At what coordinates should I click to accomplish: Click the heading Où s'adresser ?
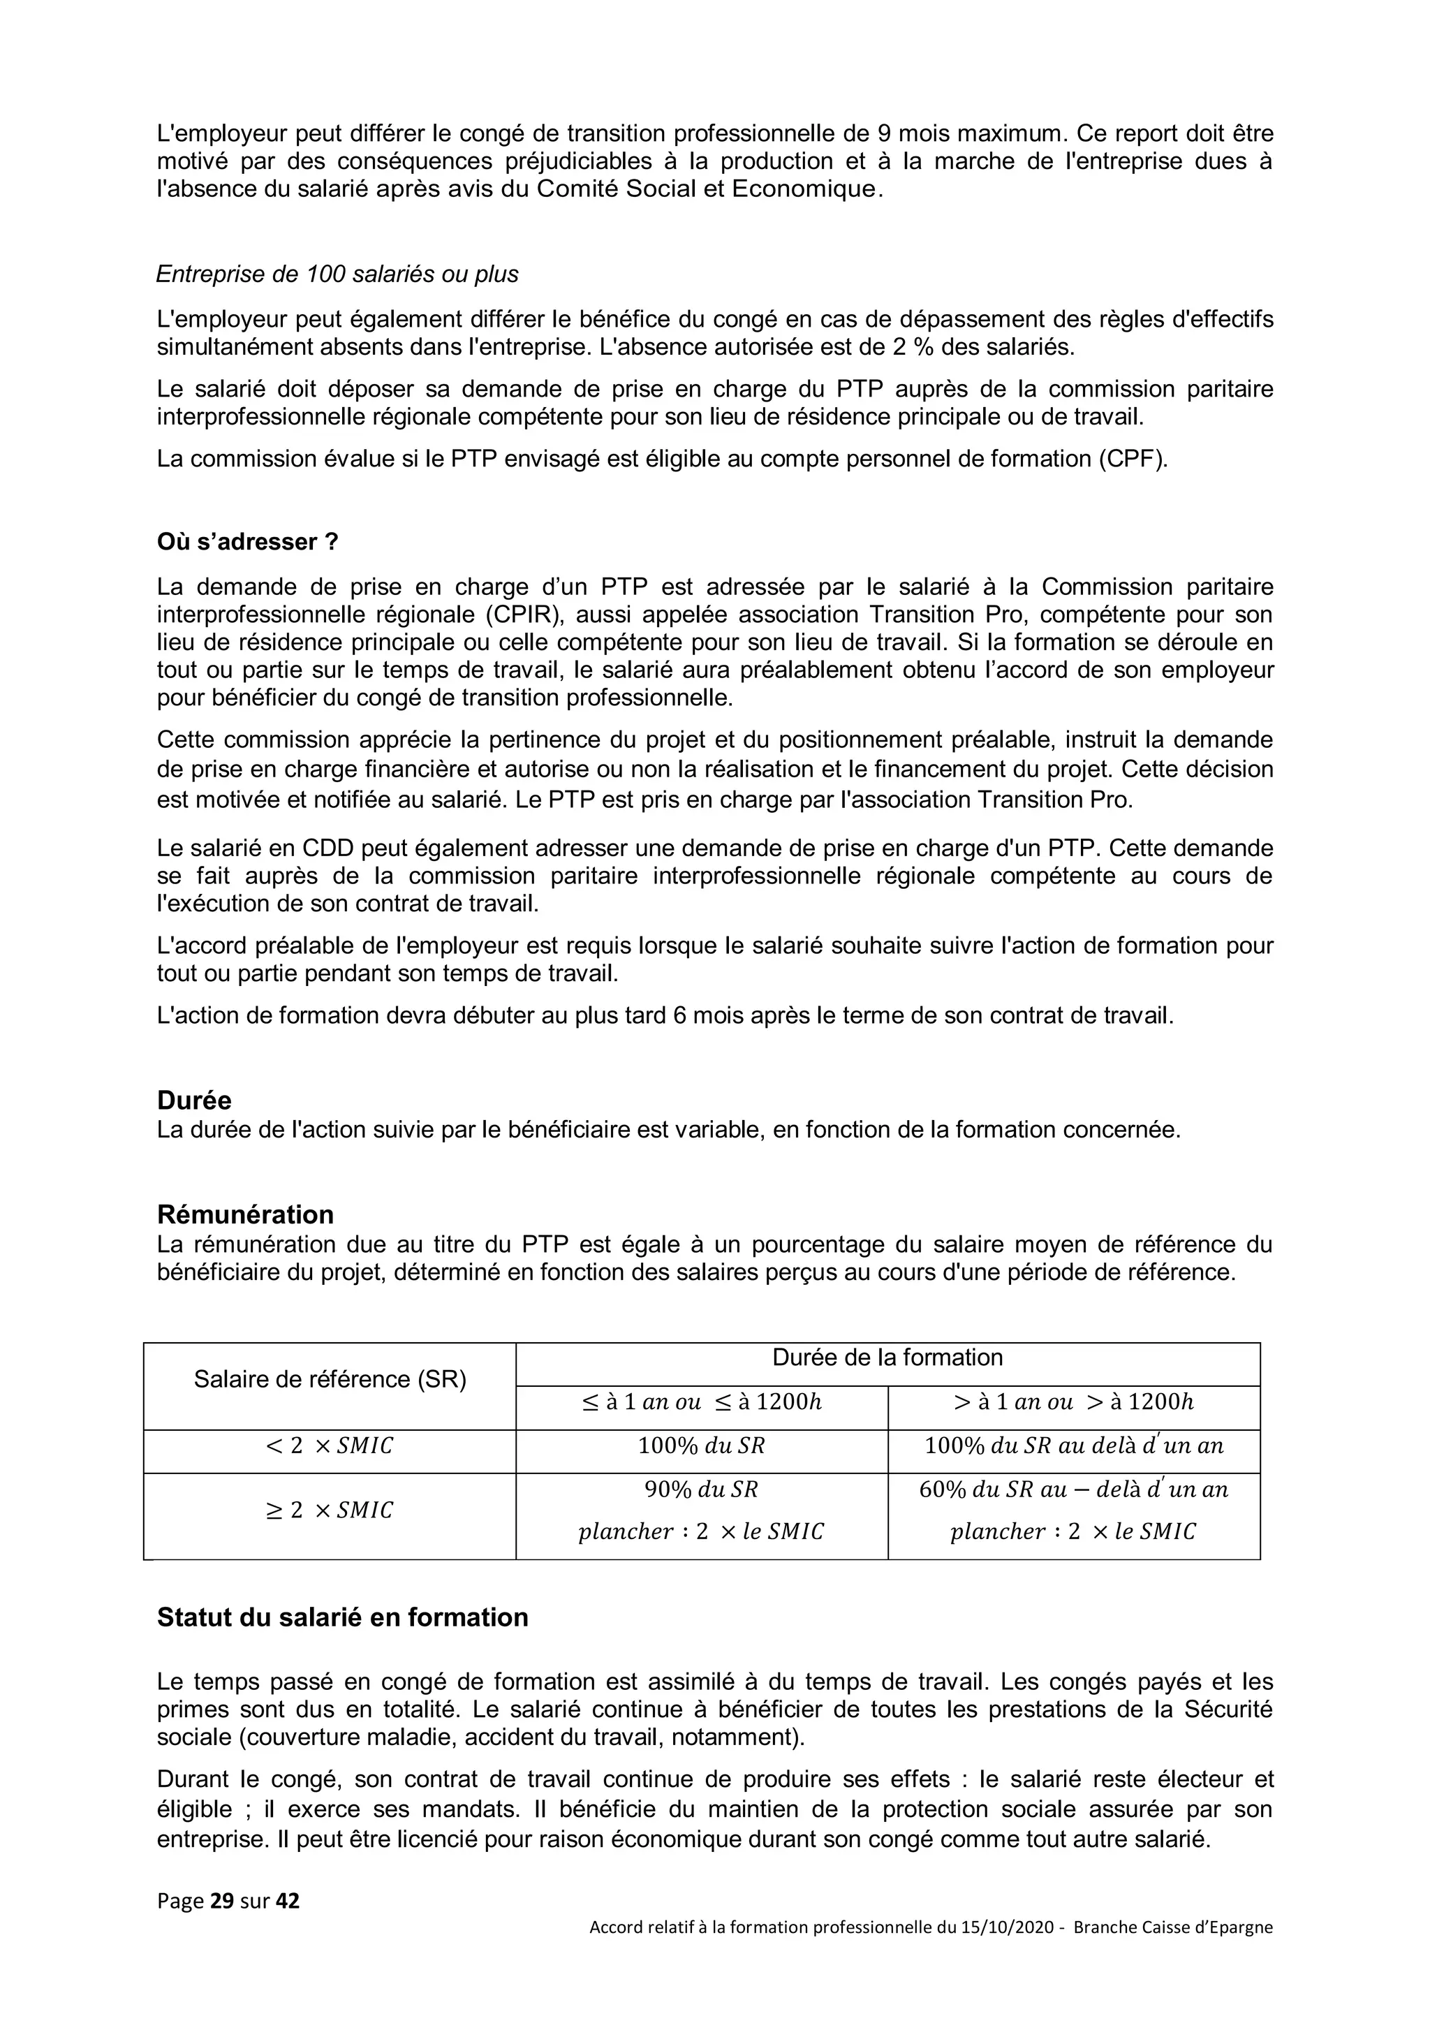[248, 541]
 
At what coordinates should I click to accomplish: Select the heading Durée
[194, 1101]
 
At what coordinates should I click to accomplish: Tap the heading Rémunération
[245, 1214]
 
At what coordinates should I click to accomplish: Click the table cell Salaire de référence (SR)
[330, 1379]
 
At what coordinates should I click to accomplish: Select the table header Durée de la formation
[887, 1357]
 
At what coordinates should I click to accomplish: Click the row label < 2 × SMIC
[330, 1446]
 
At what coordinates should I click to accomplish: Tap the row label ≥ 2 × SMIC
[330, 1510]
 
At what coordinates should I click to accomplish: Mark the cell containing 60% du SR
[1073, 1490]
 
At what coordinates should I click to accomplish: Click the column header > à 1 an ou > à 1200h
[1073, 1402]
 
